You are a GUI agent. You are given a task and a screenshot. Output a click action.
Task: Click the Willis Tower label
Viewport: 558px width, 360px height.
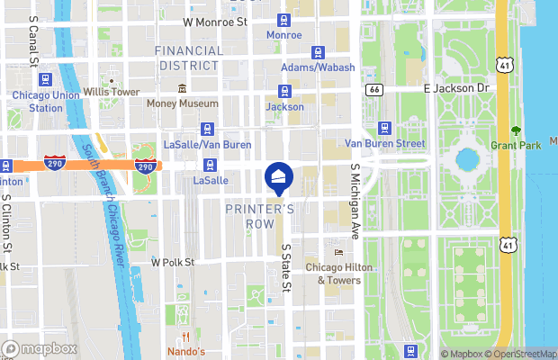tap(112, 92)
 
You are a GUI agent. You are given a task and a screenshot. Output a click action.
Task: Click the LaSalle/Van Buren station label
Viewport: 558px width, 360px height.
tap(208, 144)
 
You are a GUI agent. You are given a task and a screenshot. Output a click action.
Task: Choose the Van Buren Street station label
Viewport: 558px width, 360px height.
tap(384, 143)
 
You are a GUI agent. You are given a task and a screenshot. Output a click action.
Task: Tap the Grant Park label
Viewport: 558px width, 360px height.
tap(517, 145)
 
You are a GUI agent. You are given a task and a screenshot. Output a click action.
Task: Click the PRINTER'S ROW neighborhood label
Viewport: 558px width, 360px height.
tap(259, 216)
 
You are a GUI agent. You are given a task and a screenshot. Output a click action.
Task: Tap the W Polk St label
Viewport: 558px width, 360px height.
tap(173, 263)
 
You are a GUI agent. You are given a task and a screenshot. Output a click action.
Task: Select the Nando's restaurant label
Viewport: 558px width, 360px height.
tap(187, 350)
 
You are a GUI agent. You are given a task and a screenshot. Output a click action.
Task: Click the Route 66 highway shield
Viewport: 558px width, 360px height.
tap(375, 90)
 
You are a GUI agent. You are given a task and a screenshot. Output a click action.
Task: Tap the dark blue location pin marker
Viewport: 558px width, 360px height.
tap(277, 176)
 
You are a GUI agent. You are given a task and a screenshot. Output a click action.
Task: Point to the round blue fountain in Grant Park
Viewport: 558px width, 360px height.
tap(467, 160)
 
